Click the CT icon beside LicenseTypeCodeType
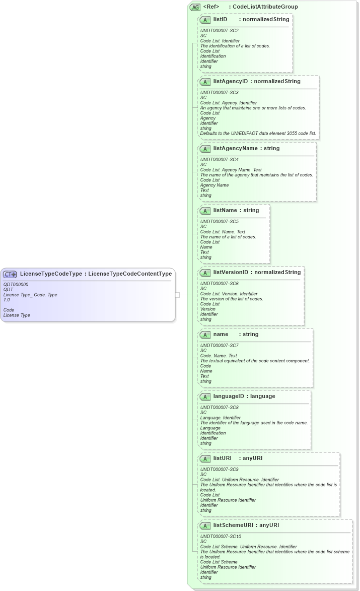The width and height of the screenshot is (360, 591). coord(10,274)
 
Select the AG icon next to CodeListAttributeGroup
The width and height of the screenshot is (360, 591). coord(195,7)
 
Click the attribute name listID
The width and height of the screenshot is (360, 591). coord(220,19)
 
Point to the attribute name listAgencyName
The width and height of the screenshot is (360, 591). coord(234,148)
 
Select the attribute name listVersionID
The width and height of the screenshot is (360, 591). coord(231,272)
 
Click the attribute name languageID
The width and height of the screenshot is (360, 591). coord(229,396)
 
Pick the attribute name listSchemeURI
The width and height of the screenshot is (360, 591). coord(233,525)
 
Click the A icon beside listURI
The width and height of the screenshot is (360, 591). coord(205,458)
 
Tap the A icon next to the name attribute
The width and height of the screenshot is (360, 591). coord(205,335)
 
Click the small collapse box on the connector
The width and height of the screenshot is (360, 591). coord(177,295)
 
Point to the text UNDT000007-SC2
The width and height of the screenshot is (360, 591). coord(220,31)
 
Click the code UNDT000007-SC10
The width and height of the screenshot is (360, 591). coord(221,537)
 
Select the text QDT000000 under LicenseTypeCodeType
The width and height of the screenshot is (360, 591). coord(16,285)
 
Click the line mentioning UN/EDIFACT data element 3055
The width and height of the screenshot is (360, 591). coord(258,134)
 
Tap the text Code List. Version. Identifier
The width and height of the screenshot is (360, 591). coord(229,294)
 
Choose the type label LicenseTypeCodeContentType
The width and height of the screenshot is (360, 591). coord(130,274)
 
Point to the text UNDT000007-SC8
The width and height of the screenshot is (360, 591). coord(220,408)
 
